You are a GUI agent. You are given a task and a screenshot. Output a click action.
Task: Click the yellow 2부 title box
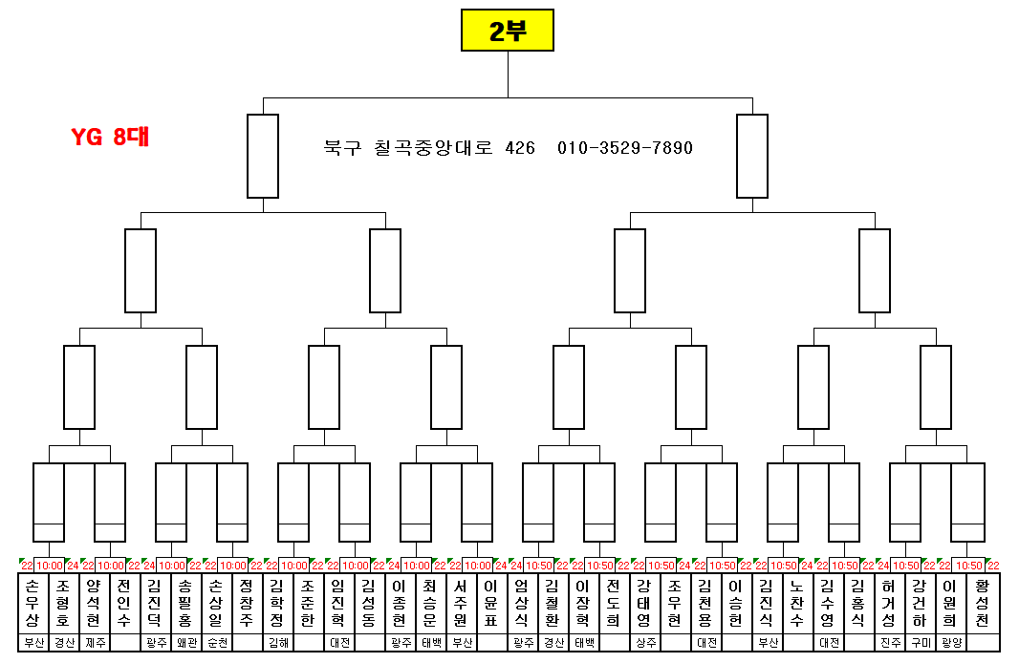[x=507, y=30]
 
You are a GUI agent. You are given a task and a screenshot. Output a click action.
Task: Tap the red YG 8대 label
[x=111, y=137]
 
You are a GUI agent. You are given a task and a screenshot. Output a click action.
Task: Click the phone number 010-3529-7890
[x=625, y=148]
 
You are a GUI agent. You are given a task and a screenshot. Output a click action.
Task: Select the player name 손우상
[x=33, y=603]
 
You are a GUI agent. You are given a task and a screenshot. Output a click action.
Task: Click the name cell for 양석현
[x=94, y=603]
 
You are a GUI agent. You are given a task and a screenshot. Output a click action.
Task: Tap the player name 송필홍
[x=185, y=603]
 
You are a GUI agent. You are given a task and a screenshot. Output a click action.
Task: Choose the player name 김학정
[x=277, y=603]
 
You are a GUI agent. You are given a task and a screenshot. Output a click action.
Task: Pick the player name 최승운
[x=429, y=603]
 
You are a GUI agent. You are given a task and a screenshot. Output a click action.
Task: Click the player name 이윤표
[x=490, y=603]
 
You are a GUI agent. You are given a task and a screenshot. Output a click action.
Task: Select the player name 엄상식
[x=521, y=603]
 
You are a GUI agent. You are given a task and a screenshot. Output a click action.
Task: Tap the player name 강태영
[x=643, y=603]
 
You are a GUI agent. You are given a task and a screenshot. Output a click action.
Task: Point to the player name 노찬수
[x=796, y=603]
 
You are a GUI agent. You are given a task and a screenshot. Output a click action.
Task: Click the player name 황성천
[x=982, y=603]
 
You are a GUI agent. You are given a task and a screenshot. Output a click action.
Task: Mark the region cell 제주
[x=94, y=643]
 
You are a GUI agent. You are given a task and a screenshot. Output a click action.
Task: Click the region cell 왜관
[x=185, y=643]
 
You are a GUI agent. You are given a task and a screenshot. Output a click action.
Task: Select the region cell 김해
[x=277, y=643]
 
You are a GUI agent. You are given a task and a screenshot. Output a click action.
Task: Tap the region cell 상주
[x=643, y=643]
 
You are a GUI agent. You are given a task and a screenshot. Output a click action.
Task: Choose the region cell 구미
[x=919, y=643]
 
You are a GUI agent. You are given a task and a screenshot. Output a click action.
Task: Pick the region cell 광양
[x=949, y=643]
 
